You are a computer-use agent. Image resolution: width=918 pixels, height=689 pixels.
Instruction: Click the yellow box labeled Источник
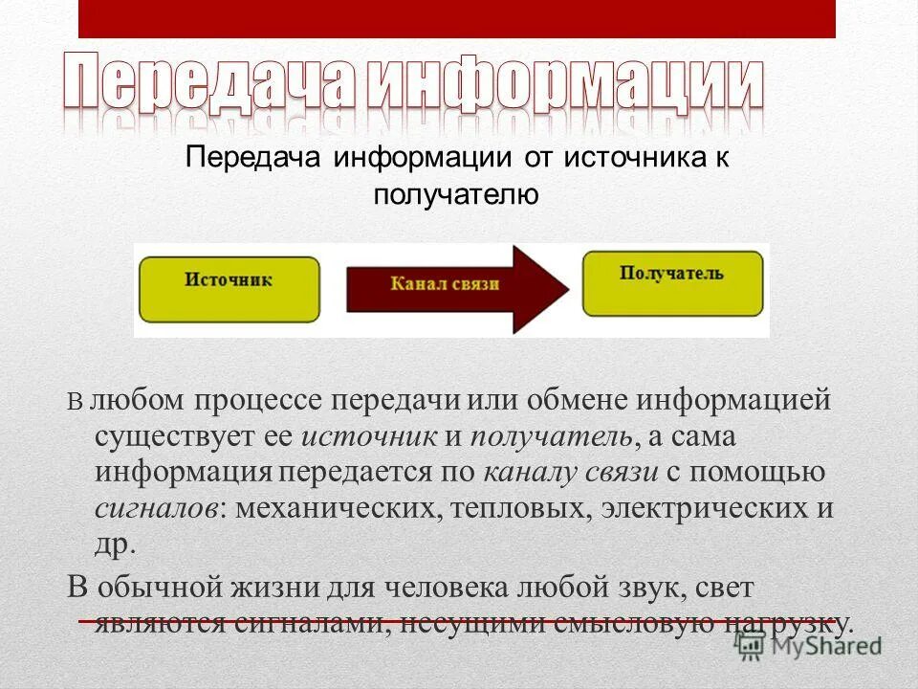229,289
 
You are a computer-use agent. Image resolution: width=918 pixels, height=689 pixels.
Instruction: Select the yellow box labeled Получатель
672,283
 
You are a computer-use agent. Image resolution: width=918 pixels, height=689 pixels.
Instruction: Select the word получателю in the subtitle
456,196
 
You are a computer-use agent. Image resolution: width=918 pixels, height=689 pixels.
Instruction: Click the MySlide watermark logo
809,647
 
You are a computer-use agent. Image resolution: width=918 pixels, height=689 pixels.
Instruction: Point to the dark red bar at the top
456,18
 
